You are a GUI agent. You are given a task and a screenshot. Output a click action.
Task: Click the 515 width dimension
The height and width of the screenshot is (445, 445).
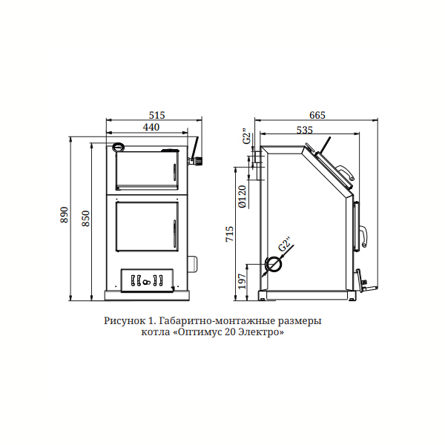tap(156, 115)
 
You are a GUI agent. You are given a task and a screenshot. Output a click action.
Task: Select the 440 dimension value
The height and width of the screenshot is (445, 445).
tap(151, 127)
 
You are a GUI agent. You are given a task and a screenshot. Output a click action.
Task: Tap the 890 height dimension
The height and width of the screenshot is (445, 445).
tap(65, 215)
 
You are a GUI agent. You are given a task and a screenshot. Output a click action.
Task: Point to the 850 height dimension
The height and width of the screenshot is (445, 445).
tap(85, 218)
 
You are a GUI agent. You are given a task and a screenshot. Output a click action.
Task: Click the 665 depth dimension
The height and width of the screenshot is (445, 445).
tap(317, 115)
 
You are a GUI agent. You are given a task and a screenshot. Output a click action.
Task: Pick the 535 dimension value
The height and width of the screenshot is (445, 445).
tap(305, 130)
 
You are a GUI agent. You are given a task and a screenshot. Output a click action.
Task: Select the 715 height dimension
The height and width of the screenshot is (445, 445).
tap(230, 234)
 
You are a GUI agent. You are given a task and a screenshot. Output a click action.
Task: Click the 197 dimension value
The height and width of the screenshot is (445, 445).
tap(242, 281)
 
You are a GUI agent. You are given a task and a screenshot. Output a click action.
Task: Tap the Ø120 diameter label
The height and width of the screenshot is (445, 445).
tap(243, 197)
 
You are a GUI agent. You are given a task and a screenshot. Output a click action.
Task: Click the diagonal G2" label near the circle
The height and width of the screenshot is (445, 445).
tap(285, 244)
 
